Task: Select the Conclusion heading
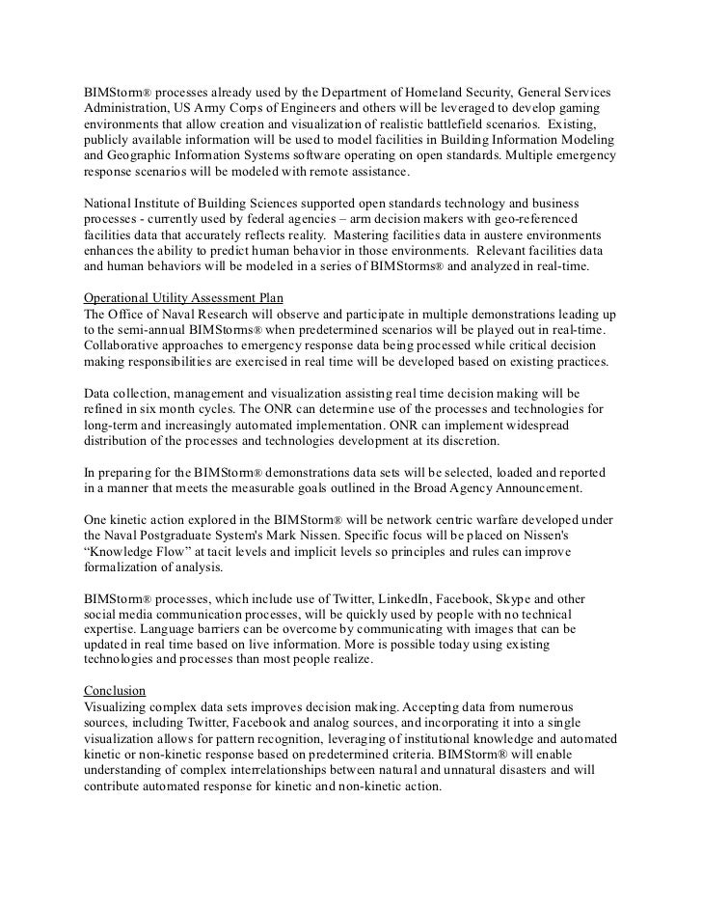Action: [114, 690]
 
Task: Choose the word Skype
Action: [546, 598]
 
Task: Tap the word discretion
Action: [471, 442]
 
